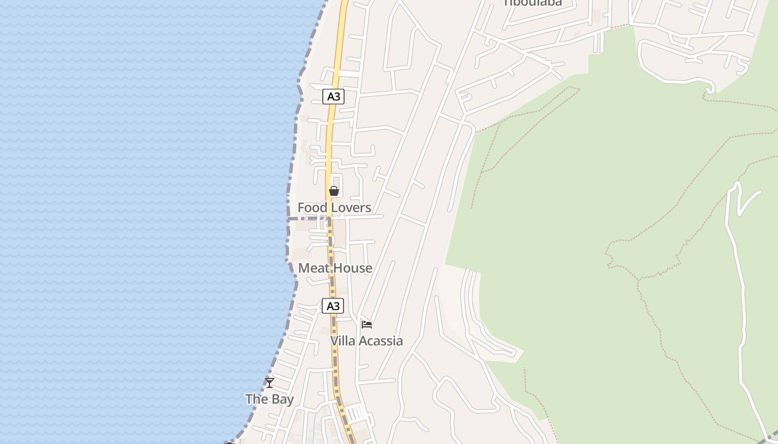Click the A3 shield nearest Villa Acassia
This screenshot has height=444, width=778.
[333, 306]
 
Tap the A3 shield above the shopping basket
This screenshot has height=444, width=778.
[333, 97]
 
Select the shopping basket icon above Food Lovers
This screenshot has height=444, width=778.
[334, 191]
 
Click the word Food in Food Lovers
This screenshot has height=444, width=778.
[311, 208]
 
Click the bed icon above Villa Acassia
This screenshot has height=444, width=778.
[366, 324]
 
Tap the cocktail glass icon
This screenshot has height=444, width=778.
[270, 382]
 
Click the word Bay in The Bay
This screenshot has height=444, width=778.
[283, 399]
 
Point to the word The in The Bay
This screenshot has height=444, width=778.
[257, 399]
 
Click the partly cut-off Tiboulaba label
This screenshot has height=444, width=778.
[532, 3]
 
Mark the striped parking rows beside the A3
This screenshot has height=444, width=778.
[356, 413]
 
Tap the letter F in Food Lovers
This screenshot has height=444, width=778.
[301, 208]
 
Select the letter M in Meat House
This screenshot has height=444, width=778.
[303, 268]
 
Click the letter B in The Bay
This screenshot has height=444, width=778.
[276, 399]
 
